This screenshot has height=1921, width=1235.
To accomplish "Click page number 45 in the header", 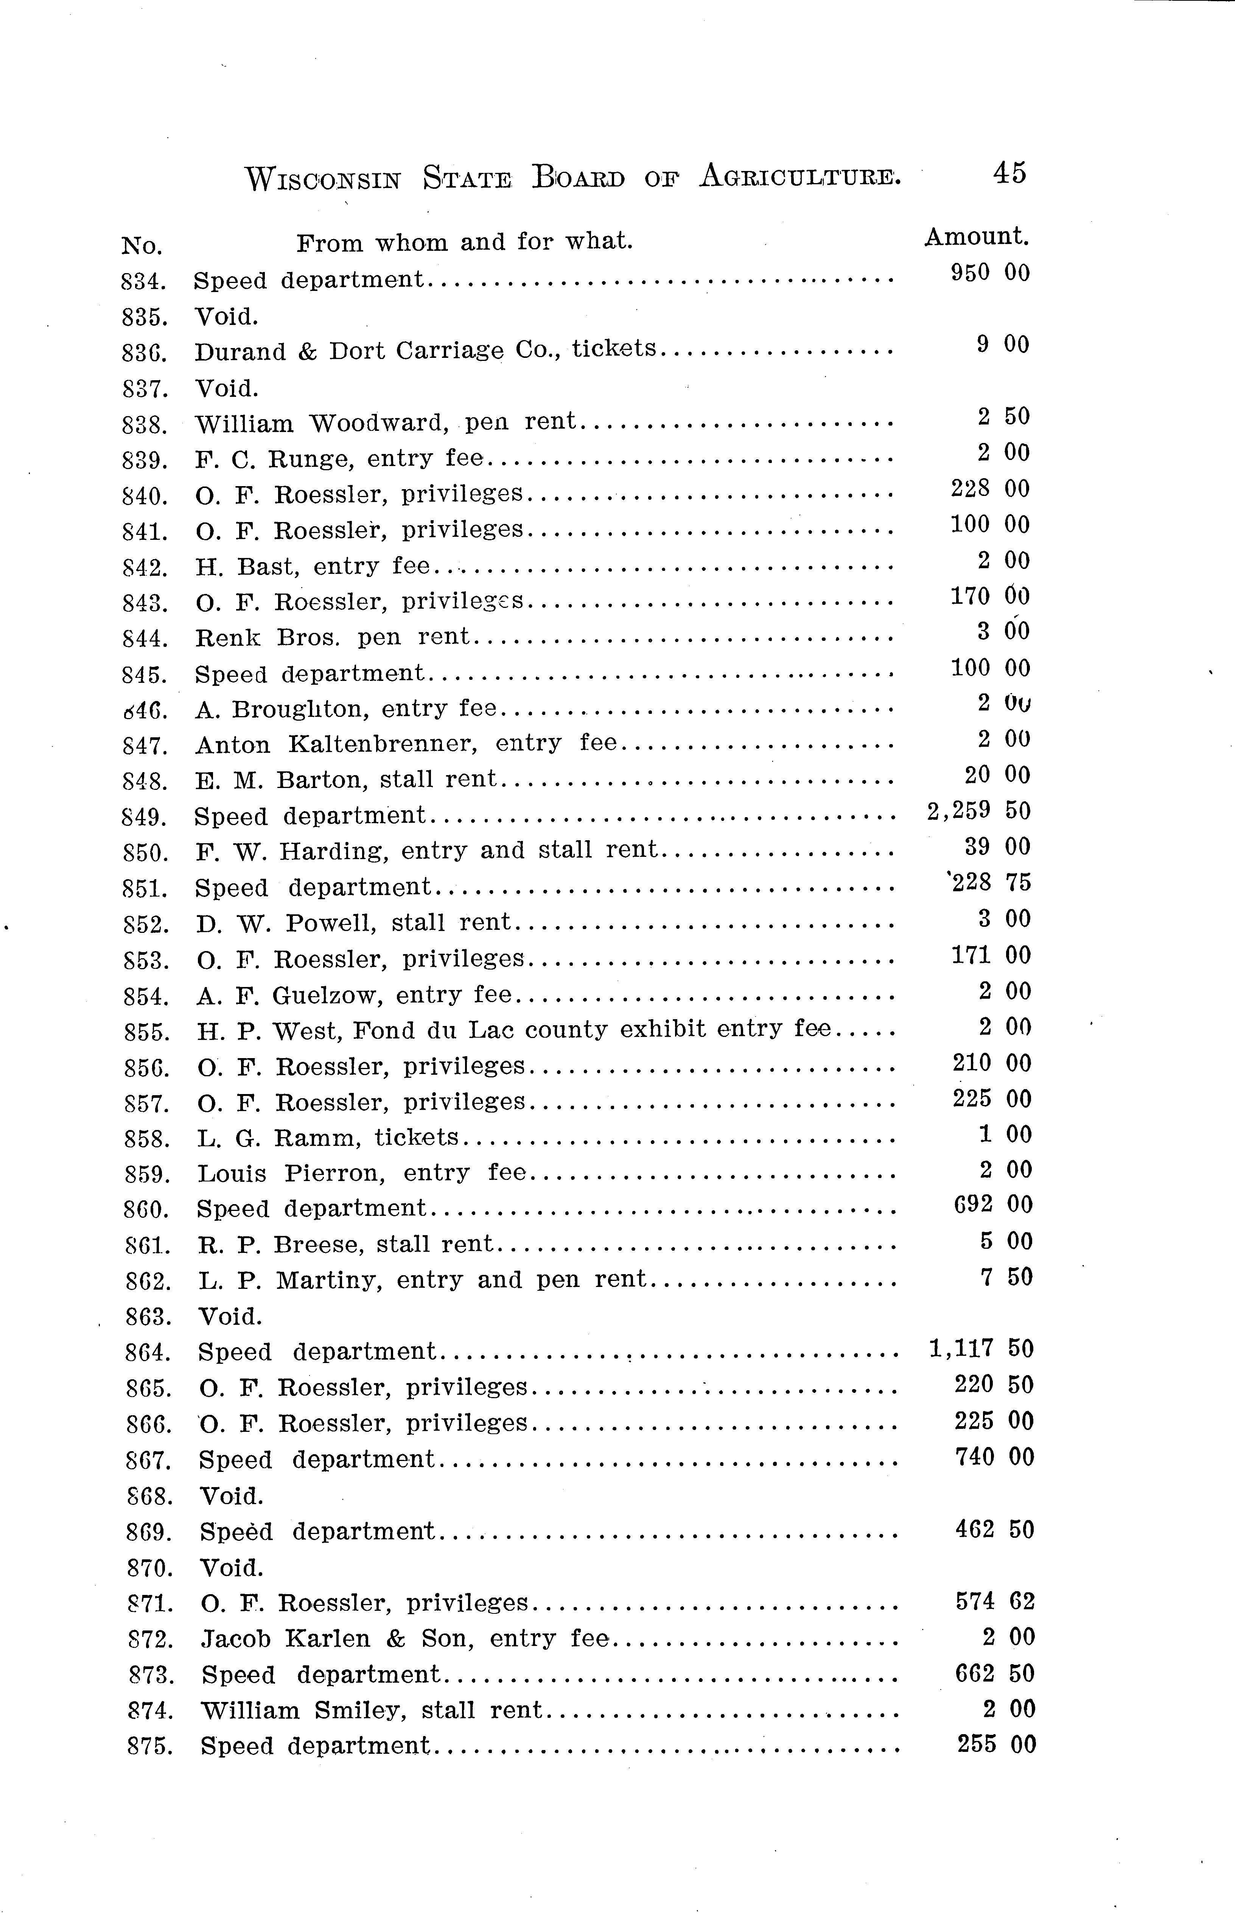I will (x=1009, y=173).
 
